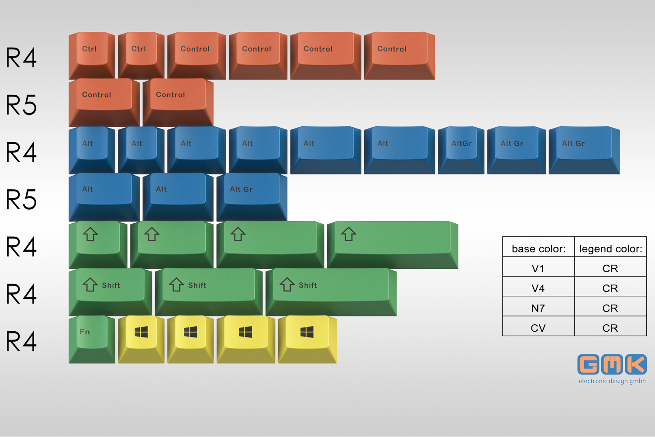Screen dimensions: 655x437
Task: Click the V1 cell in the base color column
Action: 538,268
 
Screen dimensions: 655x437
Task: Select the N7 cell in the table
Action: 538,308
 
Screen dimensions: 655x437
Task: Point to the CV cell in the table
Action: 538,328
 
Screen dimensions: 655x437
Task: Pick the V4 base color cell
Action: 538,288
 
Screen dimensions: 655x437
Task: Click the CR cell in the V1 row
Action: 610,268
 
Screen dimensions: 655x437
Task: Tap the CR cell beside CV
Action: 610,328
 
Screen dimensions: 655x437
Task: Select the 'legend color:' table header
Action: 610,249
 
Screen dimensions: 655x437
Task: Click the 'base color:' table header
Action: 538,249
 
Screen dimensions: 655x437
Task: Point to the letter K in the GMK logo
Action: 636,364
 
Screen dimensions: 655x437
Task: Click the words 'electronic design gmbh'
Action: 612,381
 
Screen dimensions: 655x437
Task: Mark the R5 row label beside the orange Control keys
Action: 21,105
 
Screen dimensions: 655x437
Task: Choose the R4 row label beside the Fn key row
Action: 21,341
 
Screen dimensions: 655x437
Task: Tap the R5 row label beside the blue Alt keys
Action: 21,200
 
